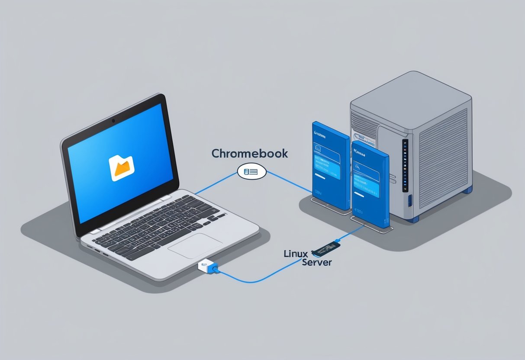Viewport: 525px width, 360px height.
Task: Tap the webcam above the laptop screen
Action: coord(113,119)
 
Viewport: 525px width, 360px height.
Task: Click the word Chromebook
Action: coord(249,154)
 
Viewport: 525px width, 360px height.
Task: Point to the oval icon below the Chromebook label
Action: coord(251,172)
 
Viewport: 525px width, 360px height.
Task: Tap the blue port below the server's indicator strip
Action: coord(409,201)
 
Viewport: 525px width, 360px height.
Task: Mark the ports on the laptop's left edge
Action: coord(97,251)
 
